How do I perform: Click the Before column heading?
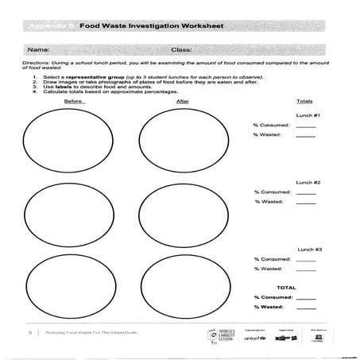[x=75, y=102]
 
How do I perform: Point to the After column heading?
[x=183, y=102]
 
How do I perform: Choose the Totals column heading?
[x=304, y=102]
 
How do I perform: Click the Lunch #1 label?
[x=308, y=116]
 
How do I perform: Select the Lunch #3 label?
[x=309, y=250]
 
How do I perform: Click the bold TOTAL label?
[x=285, y=286]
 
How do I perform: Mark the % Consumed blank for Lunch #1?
[x=305, y=126]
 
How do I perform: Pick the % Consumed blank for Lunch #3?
[x=305, y=259]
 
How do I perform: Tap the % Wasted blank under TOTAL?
[x=305, y=307]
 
